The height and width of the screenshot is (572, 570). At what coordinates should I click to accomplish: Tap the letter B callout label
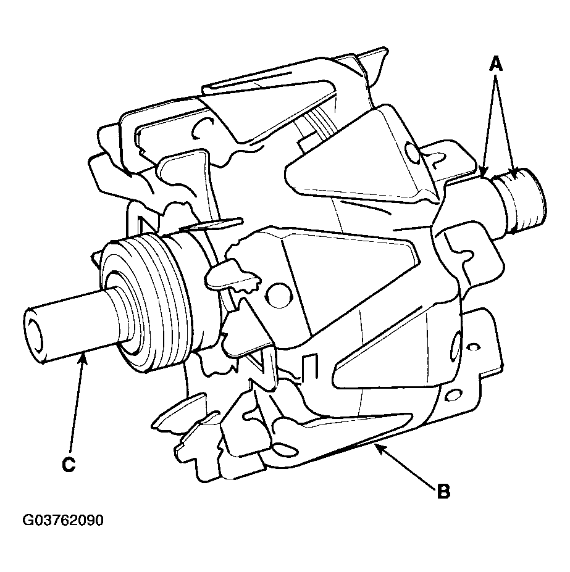pos(443,491)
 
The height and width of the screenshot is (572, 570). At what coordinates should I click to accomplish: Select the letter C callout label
pos(69,465)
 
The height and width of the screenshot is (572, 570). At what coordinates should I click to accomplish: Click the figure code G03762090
pos(63,520)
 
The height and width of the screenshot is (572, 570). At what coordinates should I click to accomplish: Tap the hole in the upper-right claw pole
pos(413,153)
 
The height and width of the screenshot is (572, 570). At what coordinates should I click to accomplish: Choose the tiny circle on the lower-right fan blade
pos(473,346)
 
